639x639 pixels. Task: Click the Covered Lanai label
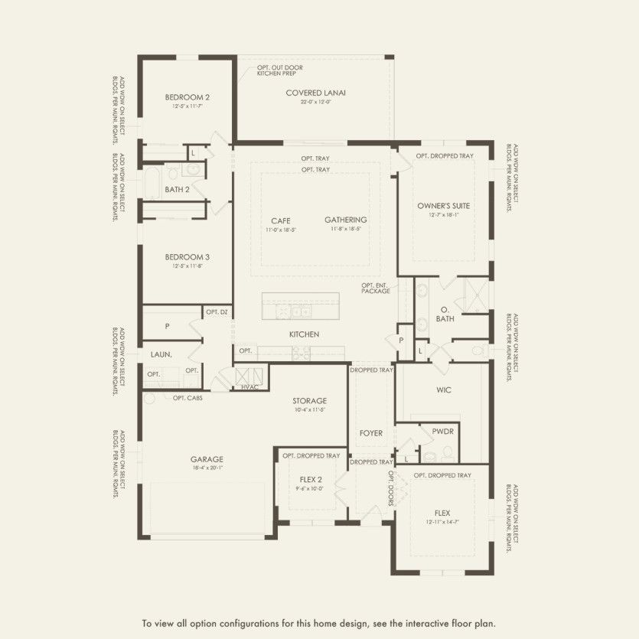pos(316,93)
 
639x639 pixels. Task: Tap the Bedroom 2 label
pos(187,97)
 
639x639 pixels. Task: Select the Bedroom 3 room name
pos(187,257)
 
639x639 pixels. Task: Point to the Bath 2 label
pos(177,189)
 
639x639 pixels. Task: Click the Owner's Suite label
pos(444,206)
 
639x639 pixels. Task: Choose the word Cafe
pos(280,220)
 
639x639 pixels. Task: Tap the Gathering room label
pos(345,220)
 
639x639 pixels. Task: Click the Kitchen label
pos(304,334)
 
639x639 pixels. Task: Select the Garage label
pos(207,460)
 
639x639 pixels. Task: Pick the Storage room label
pos(309,401)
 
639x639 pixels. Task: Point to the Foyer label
pos(370,433)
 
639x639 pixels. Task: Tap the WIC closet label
pos(444,390)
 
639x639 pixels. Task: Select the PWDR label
pos(442,431)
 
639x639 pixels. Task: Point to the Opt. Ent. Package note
pos(376,289)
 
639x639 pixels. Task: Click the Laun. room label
pos(160,355)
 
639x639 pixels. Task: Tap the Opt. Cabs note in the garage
pos(187,398)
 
